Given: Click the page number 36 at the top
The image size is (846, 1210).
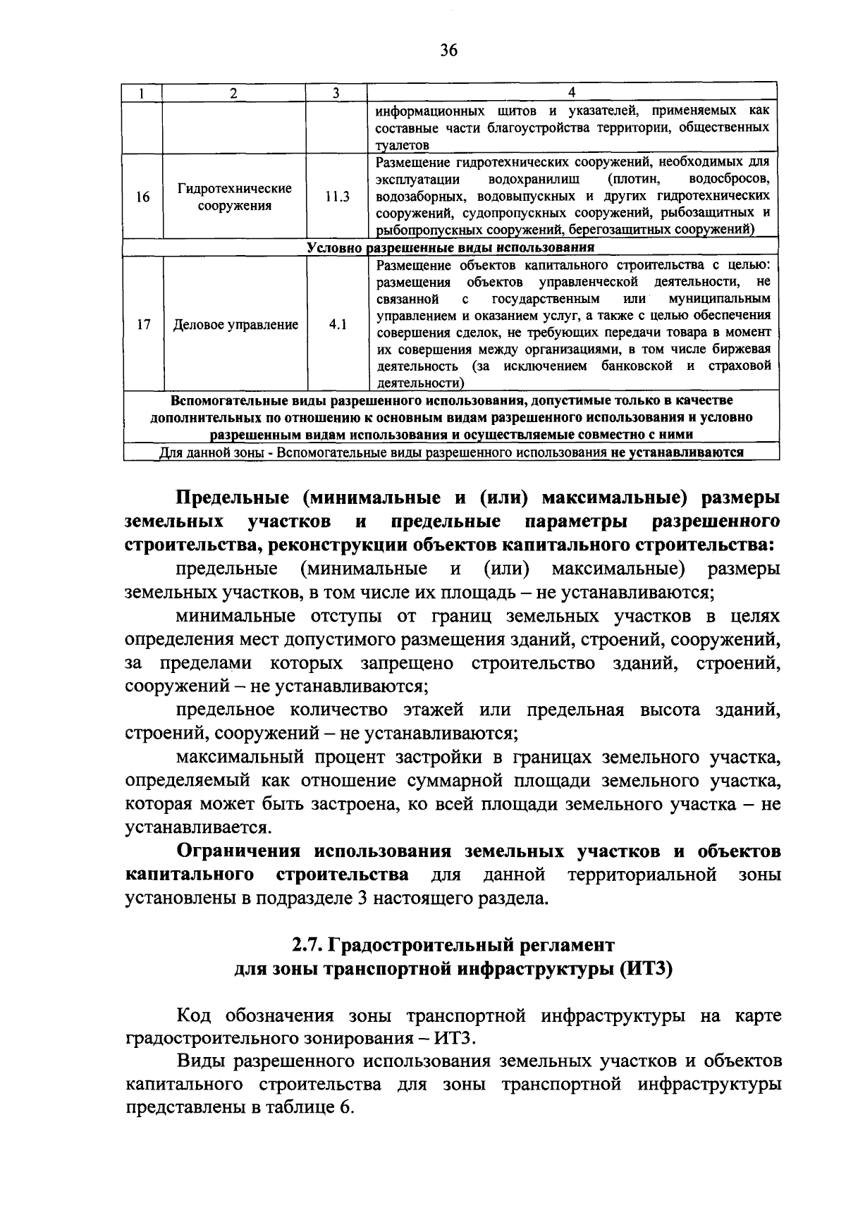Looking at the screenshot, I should point(449,50).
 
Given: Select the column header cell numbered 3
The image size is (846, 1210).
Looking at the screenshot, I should point(336,93).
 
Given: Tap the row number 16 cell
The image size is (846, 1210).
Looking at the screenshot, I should point(143,197).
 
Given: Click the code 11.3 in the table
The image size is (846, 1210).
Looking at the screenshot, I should point(337,197).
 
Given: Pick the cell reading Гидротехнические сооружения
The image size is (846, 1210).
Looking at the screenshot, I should point(234,197).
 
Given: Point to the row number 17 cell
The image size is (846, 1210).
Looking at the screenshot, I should point(143,325).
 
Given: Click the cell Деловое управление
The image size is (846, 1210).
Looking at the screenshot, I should point(235,325).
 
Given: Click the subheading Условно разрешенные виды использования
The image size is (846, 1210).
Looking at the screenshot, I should point(450,248).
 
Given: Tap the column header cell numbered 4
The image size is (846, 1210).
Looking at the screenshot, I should point(572,92).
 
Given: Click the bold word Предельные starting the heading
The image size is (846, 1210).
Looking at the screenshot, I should point(232,498).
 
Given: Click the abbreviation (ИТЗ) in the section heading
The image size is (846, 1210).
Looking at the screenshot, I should point(646,969).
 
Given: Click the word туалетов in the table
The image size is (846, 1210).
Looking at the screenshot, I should point(401,146).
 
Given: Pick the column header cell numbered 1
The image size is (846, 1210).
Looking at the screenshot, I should point(142,93).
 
